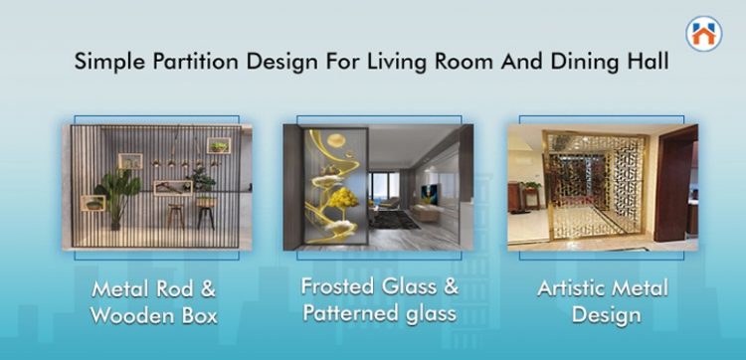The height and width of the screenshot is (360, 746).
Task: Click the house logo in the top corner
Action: tap(704, 33)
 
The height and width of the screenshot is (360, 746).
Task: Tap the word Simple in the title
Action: tap(106, 61)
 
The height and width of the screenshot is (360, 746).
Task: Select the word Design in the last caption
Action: tap(606, 315)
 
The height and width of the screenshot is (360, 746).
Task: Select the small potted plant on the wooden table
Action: tap(200, 179)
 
